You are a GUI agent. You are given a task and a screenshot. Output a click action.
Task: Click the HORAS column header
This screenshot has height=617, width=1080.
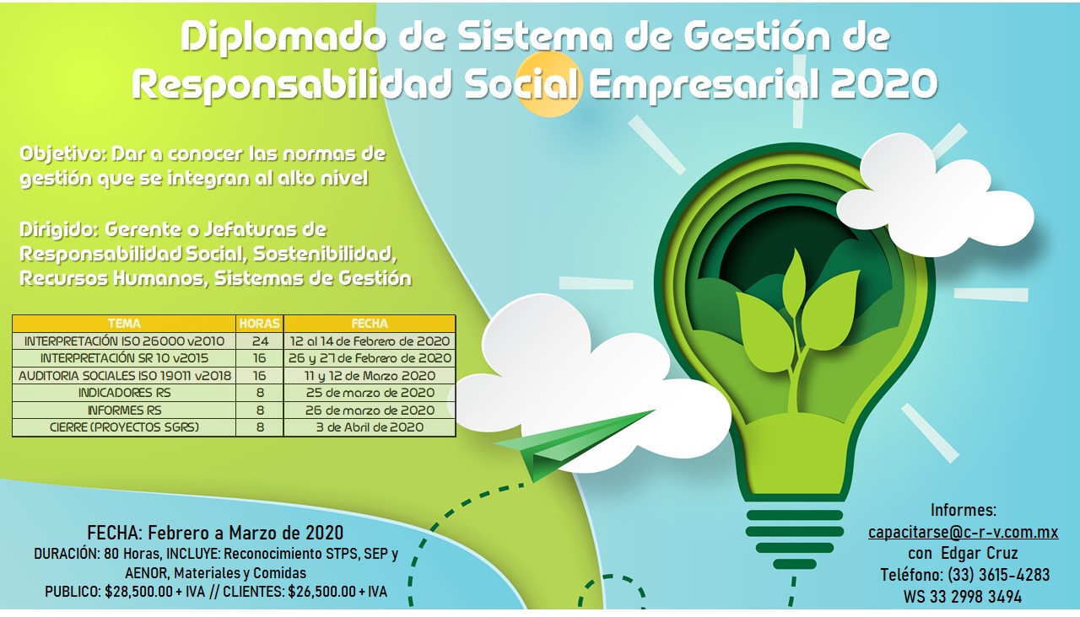(259, 323)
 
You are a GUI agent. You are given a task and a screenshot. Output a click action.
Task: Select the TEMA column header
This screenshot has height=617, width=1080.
(124, 323)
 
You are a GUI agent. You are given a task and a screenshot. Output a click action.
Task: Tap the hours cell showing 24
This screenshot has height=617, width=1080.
(259, 341)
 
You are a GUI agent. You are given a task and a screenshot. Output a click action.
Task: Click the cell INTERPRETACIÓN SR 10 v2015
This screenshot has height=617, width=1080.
(124, 358)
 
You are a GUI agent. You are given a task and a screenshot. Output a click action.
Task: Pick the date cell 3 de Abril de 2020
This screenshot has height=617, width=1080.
(370, 427)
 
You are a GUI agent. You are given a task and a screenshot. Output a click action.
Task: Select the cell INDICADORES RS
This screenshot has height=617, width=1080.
(124, 393)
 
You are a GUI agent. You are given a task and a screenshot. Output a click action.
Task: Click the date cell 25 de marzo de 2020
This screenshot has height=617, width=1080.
(370, 393)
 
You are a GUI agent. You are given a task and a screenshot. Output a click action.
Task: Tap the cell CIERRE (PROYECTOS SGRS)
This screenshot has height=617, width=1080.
(124, 427)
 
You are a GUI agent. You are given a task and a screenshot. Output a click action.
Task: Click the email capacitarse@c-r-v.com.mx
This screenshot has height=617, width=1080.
(964, 532)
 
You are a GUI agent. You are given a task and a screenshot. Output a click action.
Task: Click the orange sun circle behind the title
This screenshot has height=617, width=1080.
(548, 85)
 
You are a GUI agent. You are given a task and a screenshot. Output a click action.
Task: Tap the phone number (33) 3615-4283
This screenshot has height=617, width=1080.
(998, 575)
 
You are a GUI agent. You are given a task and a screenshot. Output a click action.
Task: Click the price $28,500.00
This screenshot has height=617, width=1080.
(139, 592)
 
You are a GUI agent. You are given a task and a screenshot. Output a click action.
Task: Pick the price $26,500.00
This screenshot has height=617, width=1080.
(322, 592)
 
